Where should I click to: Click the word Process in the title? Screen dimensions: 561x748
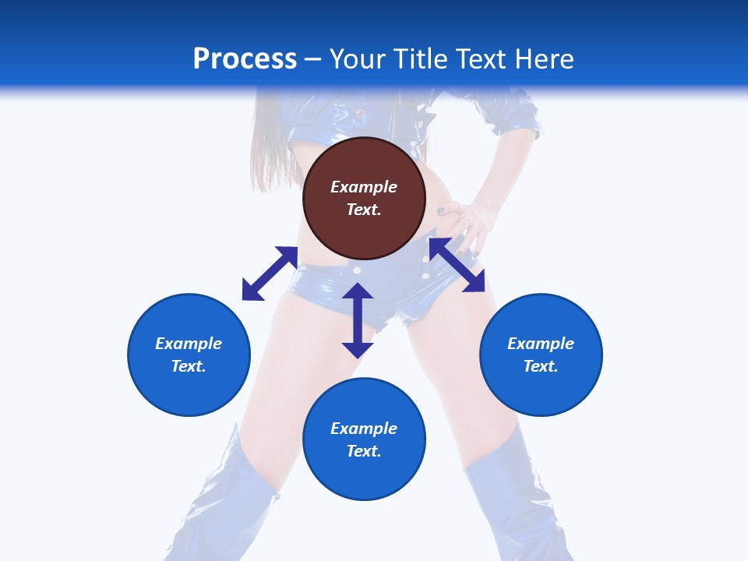245,59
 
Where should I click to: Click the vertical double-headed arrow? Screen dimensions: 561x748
358,320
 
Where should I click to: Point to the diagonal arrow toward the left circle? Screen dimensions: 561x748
270,273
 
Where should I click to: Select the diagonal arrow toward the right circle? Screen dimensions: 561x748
457,265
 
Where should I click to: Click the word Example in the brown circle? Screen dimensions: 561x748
364,187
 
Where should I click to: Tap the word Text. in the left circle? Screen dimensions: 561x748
189,366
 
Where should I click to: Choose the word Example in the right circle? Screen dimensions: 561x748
541,344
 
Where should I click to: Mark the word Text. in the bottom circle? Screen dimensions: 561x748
364,451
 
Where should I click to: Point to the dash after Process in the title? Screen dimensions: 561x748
313,59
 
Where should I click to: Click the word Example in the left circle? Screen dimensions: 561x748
189,344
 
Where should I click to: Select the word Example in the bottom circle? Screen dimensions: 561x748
364,429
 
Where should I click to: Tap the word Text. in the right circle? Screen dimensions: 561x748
541,366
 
